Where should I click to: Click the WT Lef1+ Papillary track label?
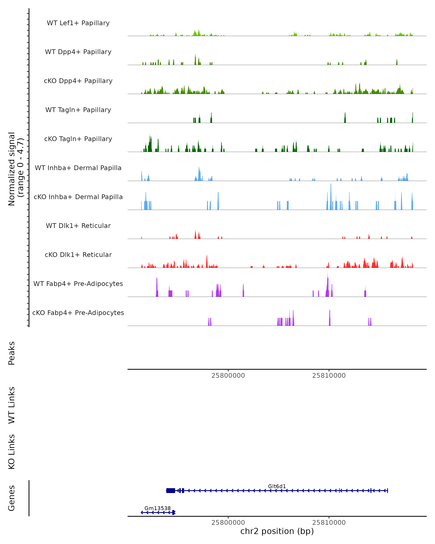tap(78, 23)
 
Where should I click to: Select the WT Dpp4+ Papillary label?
tap(78, 52)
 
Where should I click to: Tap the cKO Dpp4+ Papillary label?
tap(78, 81)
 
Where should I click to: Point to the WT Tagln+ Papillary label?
tap(78, 110)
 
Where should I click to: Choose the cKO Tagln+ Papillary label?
tap(78, 139)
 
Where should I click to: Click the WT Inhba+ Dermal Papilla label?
tap(78, 168)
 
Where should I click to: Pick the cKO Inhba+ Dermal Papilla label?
tap(78, 197)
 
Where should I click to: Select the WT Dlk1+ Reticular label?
tap(78, 226)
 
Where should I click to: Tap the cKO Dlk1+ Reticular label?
tap(78, 255)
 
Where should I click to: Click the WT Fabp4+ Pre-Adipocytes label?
tap(78, 284)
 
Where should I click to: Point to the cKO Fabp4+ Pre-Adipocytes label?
tap(78, 313)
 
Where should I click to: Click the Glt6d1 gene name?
tap(277, 486)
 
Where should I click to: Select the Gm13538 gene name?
tap(158, 508)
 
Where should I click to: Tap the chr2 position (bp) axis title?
tap(277, 531)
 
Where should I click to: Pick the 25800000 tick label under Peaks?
tap(228, 376)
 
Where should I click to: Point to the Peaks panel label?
tap(12, 353)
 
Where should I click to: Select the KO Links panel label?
tap(12, 452)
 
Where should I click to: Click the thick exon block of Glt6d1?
tap(171, 491)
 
